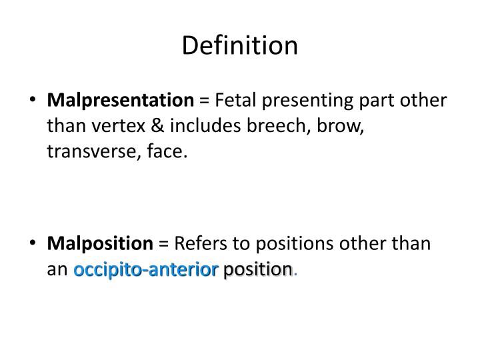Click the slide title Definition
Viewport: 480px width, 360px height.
(x=240, y=45)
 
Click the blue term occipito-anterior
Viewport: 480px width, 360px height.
(x=146, y=269)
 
